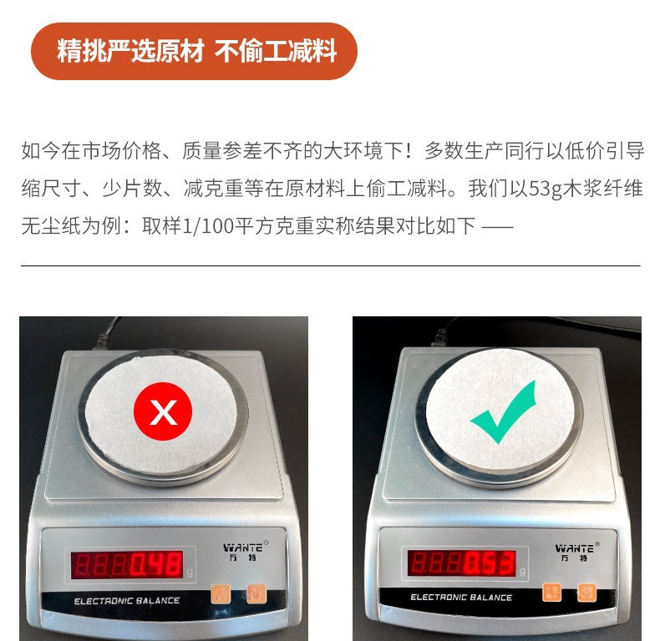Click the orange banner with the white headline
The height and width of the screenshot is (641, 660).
click(194, 52)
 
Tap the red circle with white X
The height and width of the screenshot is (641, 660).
click(163, 411)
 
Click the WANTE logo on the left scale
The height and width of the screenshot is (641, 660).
click(243, 549)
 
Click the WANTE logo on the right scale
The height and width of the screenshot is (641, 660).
click(575, 548)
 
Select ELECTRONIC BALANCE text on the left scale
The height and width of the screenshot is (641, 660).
click(126, 601)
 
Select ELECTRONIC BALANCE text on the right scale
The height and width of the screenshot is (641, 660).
click(461, 598)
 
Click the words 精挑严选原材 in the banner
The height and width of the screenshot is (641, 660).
click(130, 52)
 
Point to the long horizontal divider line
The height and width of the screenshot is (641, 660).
click(330, 265)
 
